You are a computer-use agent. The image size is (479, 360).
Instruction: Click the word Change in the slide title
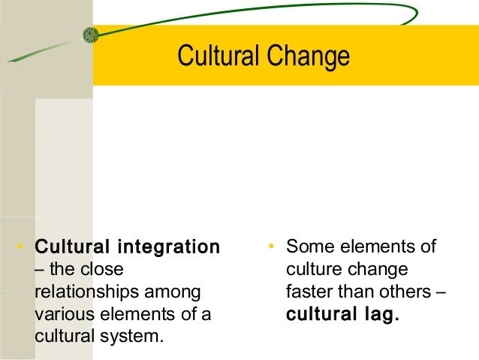(310, 56)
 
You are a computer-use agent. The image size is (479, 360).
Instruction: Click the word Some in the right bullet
(308, 247)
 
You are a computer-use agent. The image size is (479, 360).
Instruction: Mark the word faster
(311, 291)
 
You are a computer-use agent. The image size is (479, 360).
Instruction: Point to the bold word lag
(380, 313)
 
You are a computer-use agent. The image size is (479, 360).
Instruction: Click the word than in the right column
(360, 291)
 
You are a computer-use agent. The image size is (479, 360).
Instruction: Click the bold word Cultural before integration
(70, 247)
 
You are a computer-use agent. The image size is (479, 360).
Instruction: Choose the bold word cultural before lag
(321, 313)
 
